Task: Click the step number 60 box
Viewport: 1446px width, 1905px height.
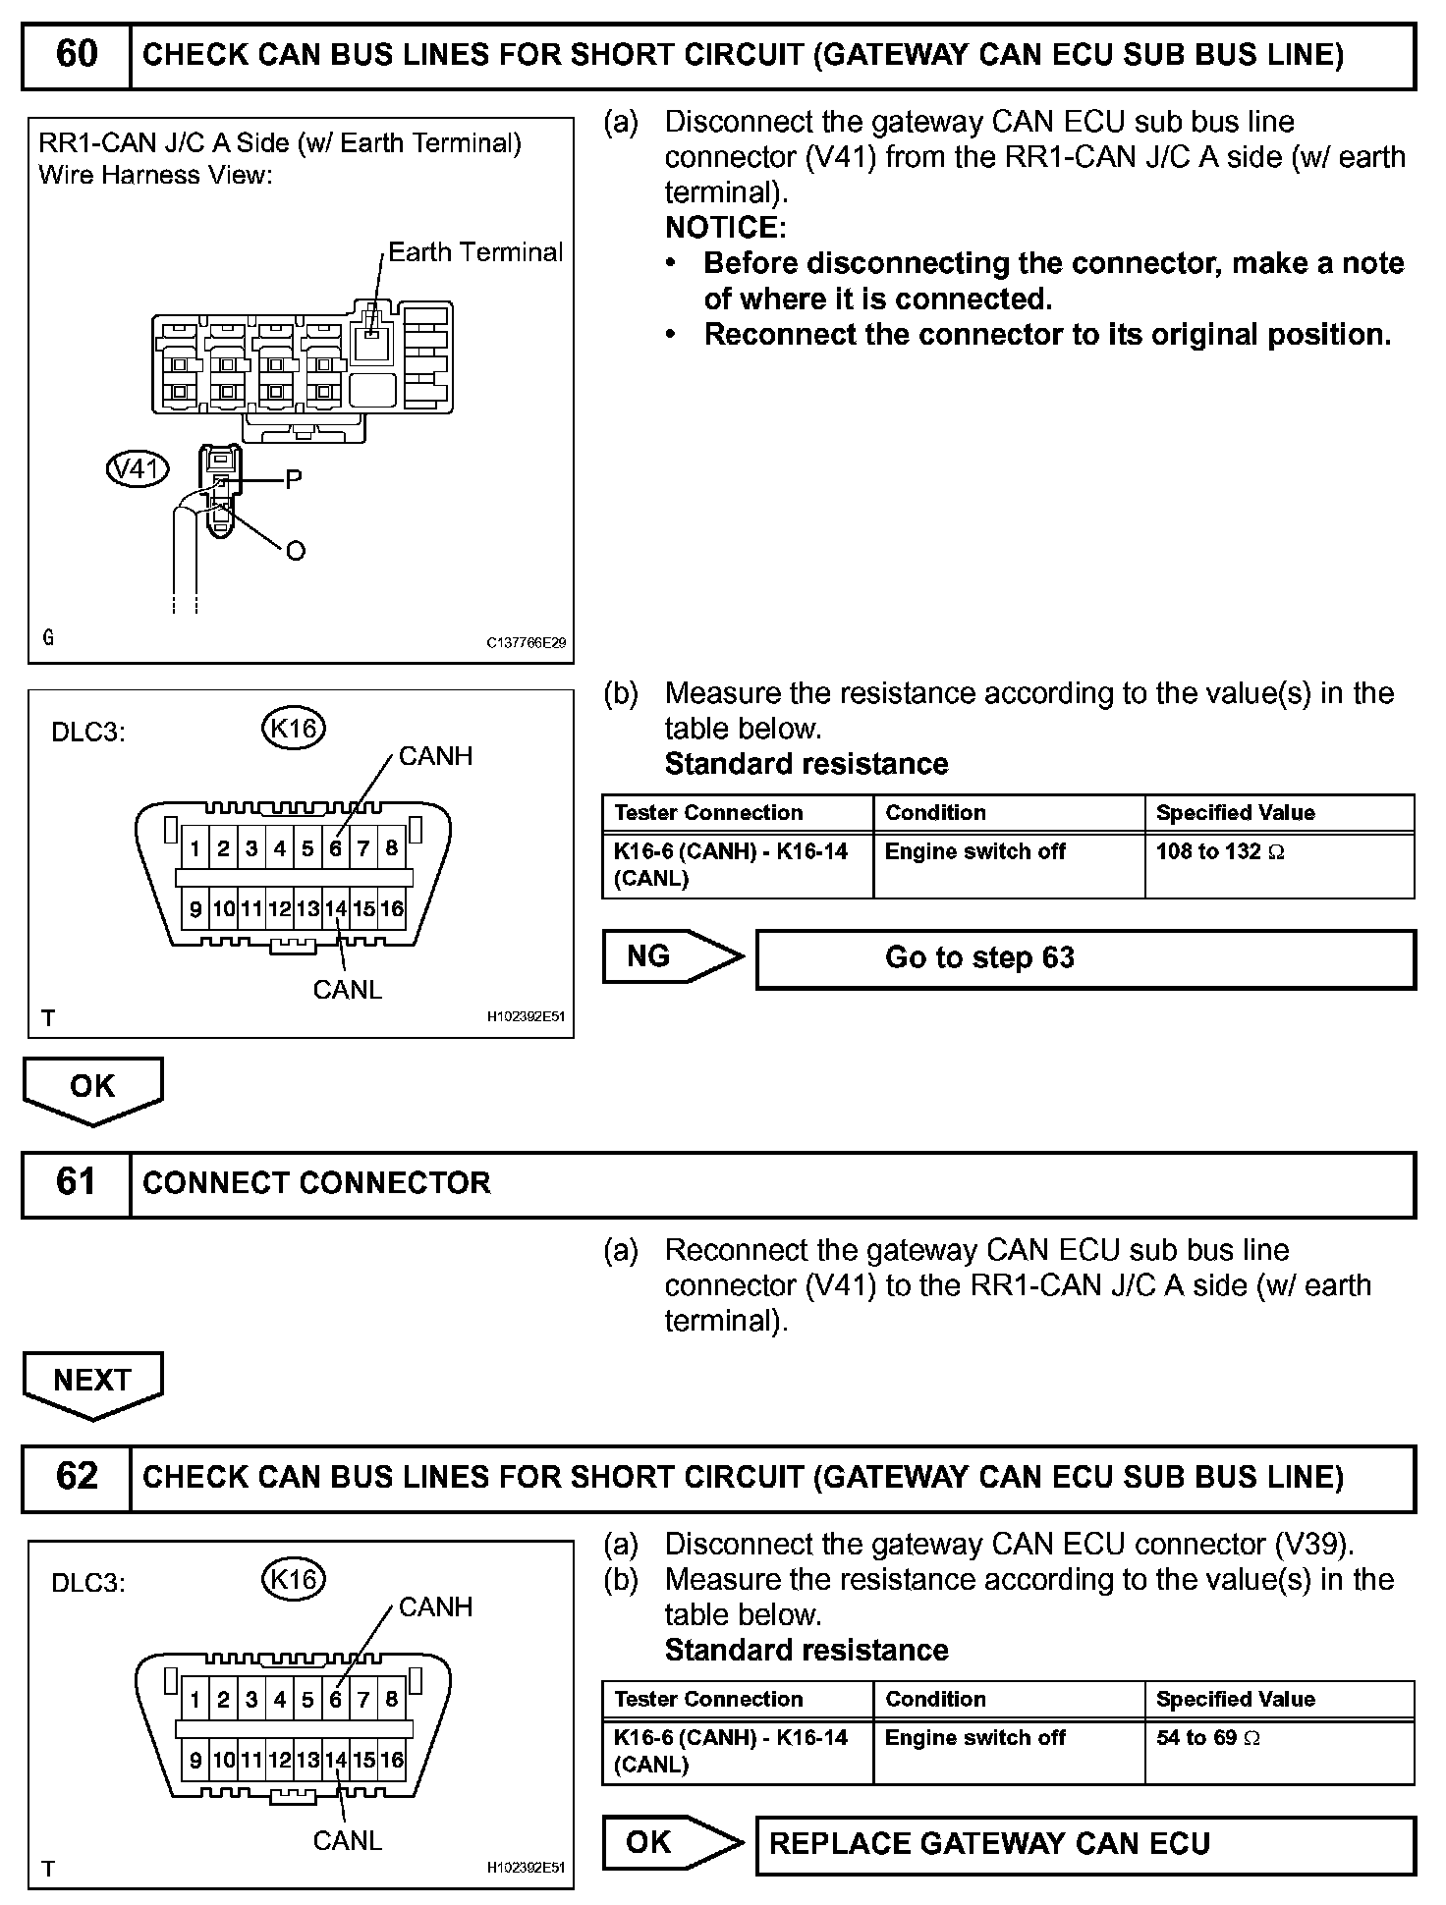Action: [x=76, y=54]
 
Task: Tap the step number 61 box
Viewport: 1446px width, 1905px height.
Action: [x=76, y=1182]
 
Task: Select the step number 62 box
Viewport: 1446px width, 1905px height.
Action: [x=76, y=1477]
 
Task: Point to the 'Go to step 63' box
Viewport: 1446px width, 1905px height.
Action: [x=1084, y=958]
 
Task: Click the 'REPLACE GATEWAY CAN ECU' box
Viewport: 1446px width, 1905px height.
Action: [x=1084, y=1844]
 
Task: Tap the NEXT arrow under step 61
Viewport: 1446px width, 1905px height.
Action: [x=92, y=1383]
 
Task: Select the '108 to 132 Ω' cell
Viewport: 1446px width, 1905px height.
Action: [x=1279, y=864]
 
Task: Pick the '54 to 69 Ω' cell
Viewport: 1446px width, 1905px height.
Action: [x=1279, y=1751]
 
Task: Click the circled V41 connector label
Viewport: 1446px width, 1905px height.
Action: [x=137, y=469]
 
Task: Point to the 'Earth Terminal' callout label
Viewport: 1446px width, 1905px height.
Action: [x=475, y=252]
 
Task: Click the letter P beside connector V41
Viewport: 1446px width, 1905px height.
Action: [x=293, y=480]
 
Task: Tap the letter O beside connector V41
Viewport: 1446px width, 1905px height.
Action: [x=295, y=552]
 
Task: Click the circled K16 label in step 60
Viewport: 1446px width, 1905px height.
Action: [x=294, y=728]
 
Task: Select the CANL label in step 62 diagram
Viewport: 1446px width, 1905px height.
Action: [x=347, y=1840]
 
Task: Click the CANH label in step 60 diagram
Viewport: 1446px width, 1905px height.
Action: [x=435, y=756]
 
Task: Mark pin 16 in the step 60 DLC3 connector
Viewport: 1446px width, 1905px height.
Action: [x=392, y=909]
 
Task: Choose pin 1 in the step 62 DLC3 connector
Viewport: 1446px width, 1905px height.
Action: [x=195, y=1699]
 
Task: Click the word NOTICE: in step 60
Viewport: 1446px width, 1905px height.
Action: [x=725, y=228]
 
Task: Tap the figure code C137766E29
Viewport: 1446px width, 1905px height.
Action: [x=526, y=643]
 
